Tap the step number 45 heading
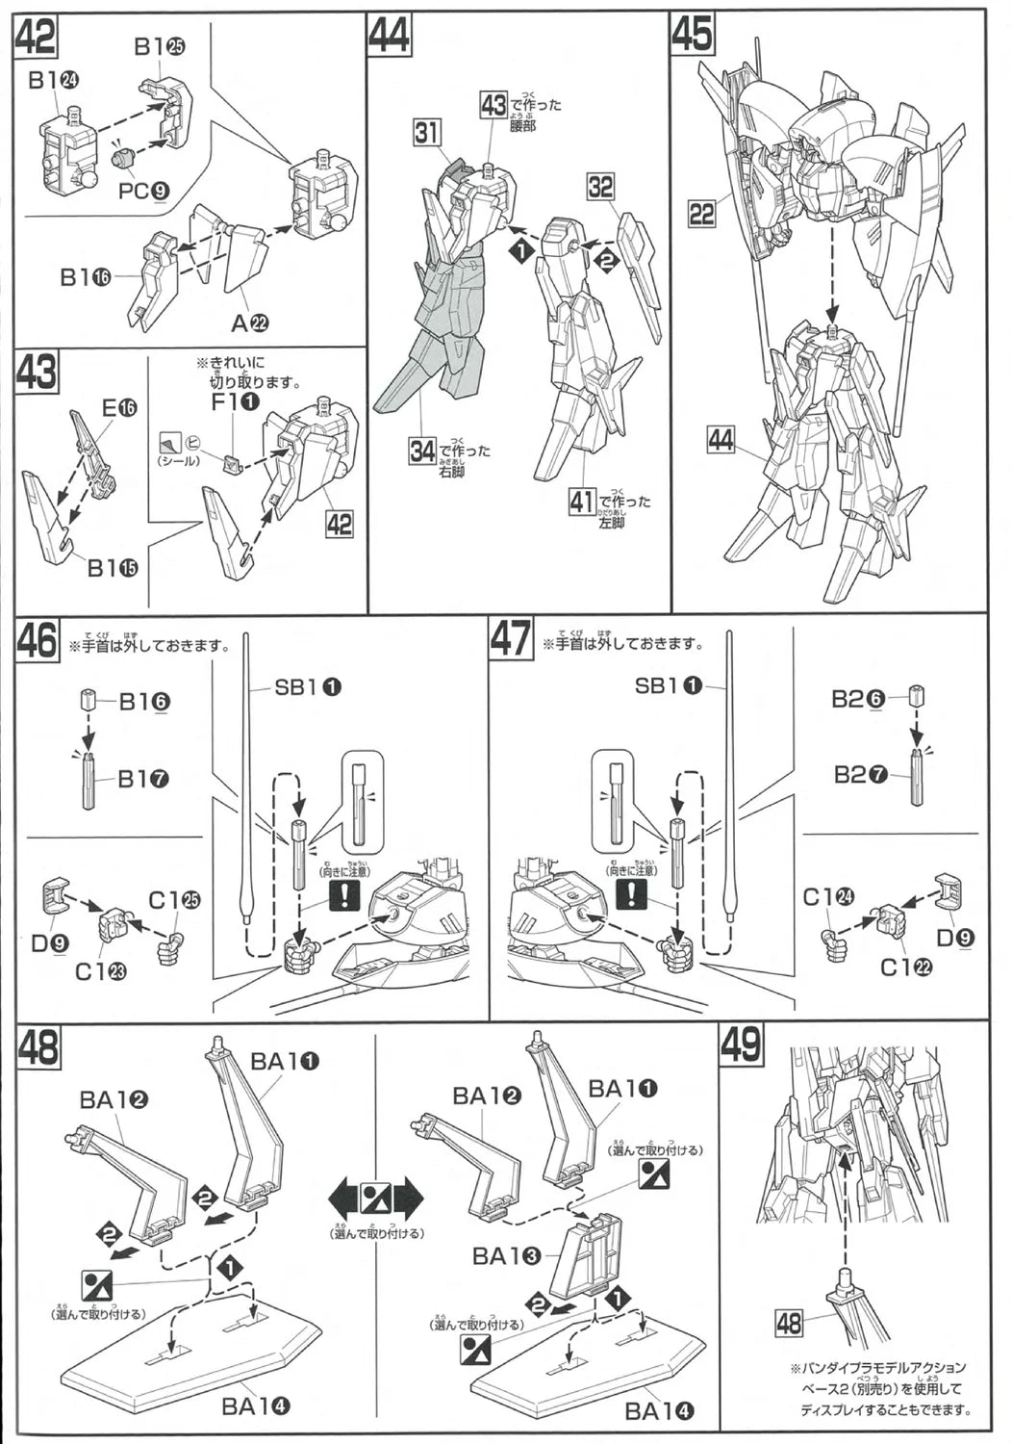click(693, 34)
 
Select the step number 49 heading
click(741, 1044)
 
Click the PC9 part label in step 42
click(144, 191)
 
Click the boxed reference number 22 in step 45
click(702, 213)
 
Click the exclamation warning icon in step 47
click(630, 894)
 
